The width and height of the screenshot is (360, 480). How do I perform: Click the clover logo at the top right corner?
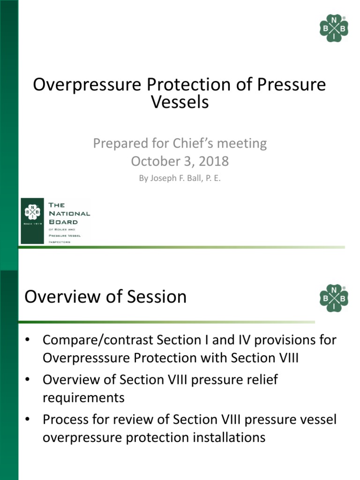[334, 28]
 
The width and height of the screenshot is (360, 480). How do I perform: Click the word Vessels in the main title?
[180, 102]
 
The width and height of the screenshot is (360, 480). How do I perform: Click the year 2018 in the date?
[214, 161]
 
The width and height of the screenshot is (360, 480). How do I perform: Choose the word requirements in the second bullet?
[83, 397]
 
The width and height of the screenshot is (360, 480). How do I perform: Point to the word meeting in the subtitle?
[243, 143]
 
